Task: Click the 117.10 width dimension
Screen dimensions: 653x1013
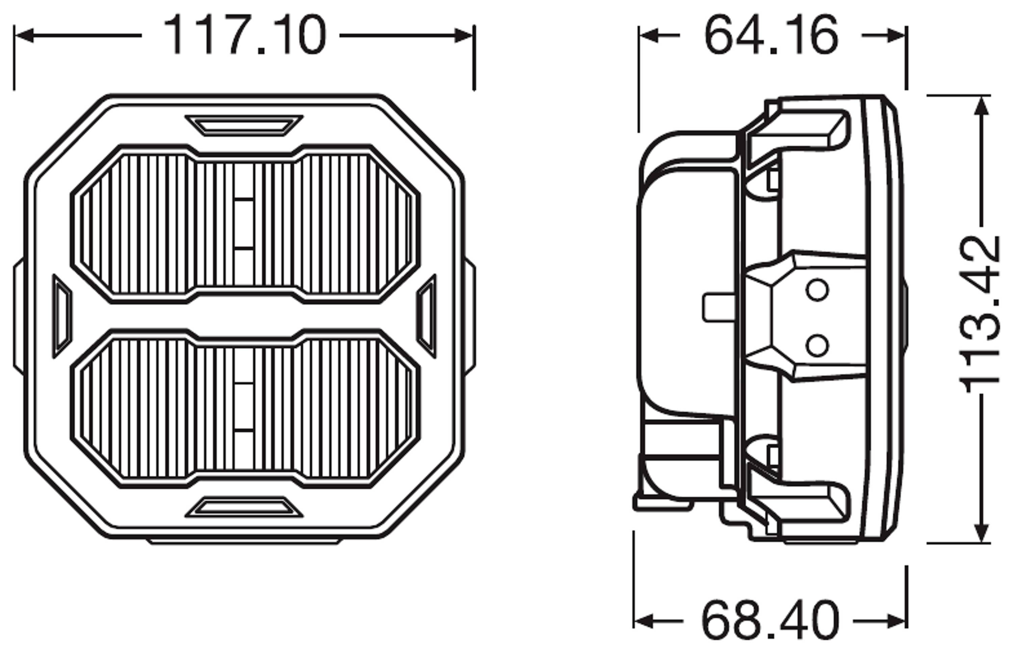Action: (x=245, y=35)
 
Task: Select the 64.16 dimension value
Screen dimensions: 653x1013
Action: (x=771, y=35)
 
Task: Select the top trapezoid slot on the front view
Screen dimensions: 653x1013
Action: (x=244, y=126)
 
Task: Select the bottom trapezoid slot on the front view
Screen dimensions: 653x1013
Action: (x=244, y=507)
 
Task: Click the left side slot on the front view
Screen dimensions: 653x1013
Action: (x=62, y=316)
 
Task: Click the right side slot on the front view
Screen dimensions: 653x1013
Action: (x=426, y=316)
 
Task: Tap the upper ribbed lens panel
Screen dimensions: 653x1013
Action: (x=245, y=224)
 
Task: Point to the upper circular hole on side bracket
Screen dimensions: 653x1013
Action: (x=817, y=290)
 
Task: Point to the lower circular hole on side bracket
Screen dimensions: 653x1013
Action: (x=817, y=345)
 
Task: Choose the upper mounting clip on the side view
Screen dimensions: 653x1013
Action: (x=797, y=131)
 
